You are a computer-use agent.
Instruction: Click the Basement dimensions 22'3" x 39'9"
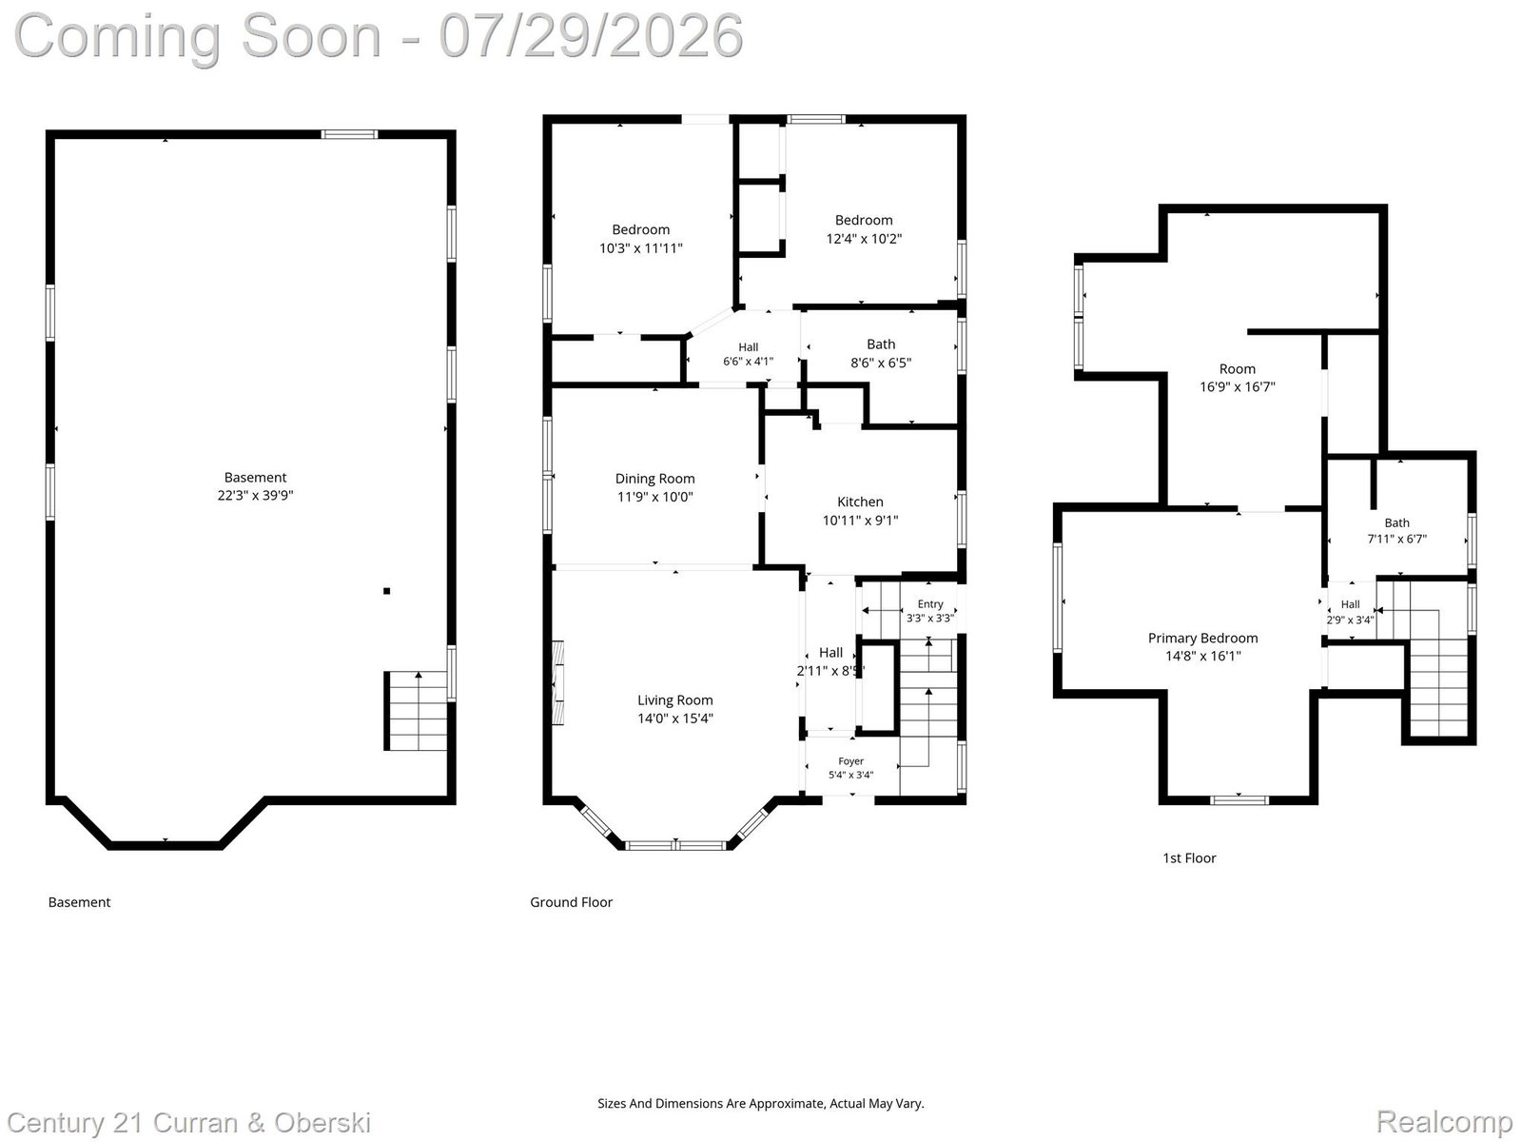[x=255, y=495]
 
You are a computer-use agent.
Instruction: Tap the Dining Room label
[x=654, y=479]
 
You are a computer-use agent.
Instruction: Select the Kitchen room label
[x=860, y=502]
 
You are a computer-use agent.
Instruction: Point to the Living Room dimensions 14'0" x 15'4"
[x=674, y=719]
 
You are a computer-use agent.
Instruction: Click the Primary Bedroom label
[x=1202, y=638]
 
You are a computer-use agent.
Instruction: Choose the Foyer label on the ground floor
[x=850, y=760]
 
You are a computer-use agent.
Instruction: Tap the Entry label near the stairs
[x=929, y=604]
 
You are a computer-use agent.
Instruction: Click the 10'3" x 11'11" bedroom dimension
[x=641, y=248]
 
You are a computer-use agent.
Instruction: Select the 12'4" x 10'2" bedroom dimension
[x=864, y=239]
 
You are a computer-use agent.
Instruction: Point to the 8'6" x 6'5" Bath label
[x=881, y=353]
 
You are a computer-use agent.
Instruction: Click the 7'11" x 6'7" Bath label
[x=1396, y=530]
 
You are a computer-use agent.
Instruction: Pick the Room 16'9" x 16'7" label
[x=1237, y=378]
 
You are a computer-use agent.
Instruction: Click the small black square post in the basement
[x=387, y=591]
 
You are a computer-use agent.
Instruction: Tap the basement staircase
[x=416, y=710]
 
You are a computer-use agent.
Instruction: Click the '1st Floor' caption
[x=1189, y=857]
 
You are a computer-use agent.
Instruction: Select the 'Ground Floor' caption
[x=572, y=902]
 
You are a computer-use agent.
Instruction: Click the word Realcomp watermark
[x=1444, y=1121]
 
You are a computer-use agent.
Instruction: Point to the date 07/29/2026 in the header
[x=591, y=36]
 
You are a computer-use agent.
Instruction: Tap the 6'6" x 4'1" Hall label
[x=749, y=354]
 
